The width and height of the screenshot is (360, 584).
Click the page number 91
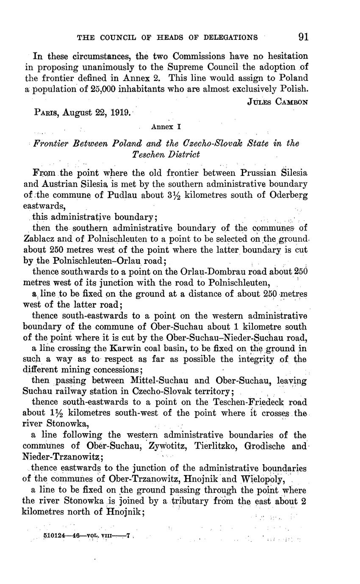pyautogui.click(x=303, y=37)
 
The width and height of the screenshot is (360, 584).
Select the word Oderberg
pyautogui.click(x=289, y=195)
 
